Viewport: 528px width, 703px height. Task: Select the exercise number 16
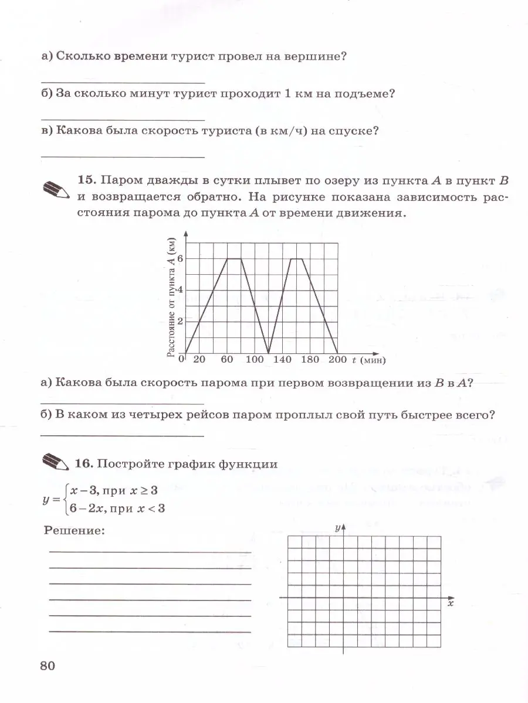[84, 464]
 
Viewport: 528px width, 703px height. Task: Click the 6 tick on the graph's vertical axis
[181, 258]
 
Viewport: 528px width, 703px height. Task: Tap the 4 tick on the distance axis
[181, 289]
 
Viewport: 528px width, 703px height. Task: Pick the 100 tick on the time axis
[255, 360]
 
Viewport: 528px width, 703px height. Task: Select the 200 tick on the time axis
[338, 360]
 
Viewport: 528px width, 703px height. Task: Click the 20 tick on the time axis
[199, 360]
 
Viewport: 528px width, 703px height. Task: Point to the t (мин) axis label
[368, 360]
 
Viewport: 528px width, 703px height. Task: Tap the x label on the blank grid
[451, 603]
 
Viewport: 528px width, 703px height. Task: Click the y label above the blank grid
[338, 528]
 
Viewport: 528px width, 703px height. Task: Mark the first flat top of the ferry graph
[234, 258]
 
